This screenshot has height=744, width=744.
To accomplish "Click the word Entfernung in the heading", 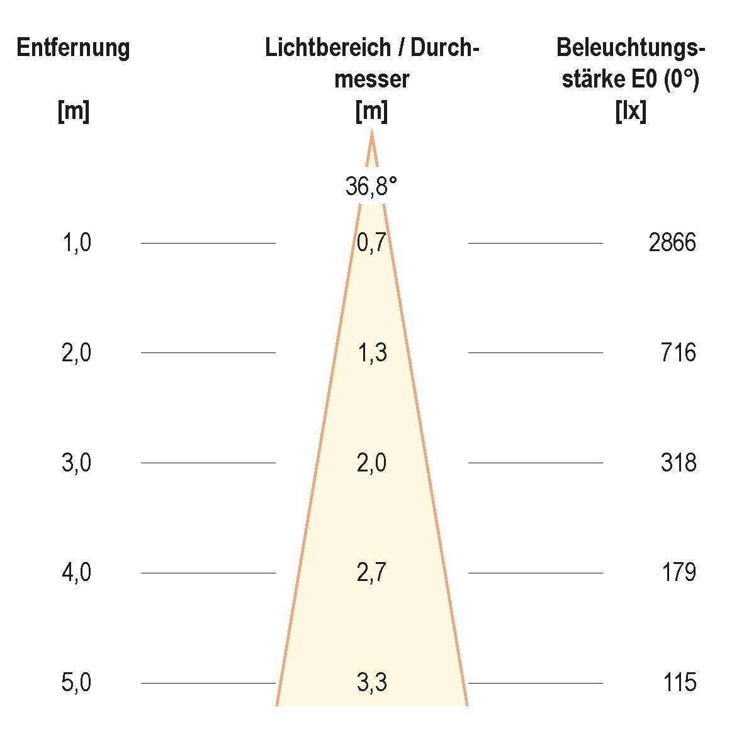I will pyautogui.click(x=73, y=48).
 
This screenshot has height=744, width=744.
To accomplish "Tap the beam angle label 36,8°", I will pyautogui.click(x=371, y=186).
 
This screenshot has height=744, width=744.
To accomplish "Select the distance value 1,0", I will pyautogui.click(x=77, y=243).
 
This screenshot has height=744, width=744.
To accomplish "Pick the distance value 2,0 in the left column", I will pyautogui.click(x=77, y=353).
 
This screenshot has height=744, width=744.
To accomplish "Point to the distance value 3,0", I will pyautogui.click(x=77, y=463).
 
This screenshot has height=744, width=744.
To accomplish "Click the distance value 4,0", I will pyautogui.click(x=77, y=573).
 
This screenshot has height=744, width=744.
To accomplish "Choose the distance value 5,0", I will pyautogui.click(x=77, y=683).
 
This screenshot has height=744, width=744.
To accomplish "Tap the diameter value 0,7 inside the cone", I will pyautogui.click(x=371, y=243).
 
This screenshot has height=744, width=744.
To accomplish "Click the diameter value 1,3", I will pyautogui.click(x=371, y=353).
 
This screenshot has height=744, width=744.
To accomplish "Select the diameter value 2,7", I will pyautogui.click(x=371, y=573).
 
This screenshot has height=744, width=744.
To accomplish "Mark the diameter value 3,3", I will pyautogui.click(x=371, y=683).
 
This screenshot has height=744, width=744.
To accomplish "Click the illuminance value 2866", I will pyautogui.click(x=672, y=243).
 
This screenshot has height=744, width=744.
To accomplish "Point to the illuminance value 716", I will pyautogui.click(x=679, y=353).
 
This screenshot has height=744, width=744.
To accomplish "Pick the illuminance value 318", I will pyautogui.click(x=679, y=463).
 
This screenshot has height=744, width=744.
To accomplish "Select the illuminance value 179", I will pyautogui.click(x=679, y=573).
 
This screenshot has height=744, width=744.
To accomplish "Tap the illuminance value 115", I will pyautogui.click(x=680, y=683).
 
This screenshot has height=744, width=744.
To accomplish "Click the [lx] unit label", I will pyautogui.click(x=631, y=112).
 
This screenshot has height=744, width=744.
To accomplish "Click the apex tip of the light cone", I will pyautogui.click(x=371, y=132).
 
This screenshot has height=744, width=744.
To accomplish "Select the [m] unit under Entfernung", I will pyautogui.click(x=74, y=112).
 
